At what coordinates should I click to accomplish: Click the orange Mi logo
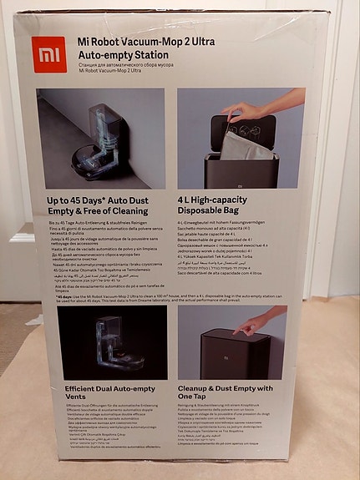pyautogui.click(x=50, y=54)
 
